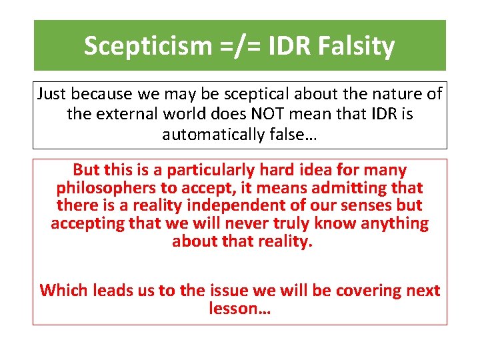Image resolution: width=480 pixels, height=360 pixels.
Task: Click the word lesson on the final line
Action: (x=231, y=308)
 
